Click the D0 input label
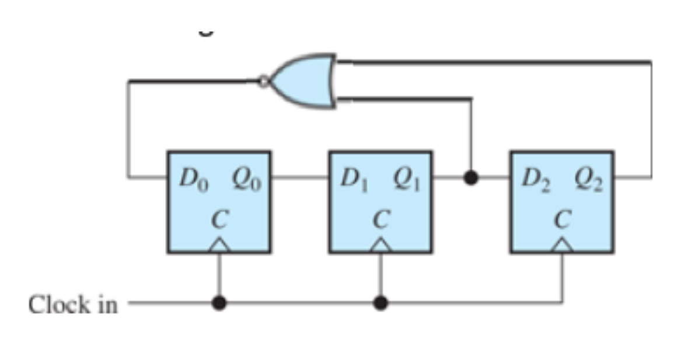[193, 177]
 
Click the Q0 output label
[246, 177]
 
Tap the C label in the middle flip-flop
[380, 219]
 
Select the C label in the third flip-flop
[562, 219]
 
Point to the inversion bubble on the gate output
[264, 81]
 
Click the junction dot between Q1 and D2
[471, 177]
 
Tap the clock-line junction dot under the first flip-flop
[219, 303]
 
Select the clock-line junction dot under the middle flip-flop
[380, 303]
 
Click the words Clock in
[73, 305]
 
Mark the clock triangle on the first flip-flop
[219, 247]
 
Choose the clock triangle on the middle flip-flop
[380, 247]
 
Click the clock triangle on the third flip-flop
[562, 247]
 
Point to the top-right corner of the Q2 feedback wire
[651, 62]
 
